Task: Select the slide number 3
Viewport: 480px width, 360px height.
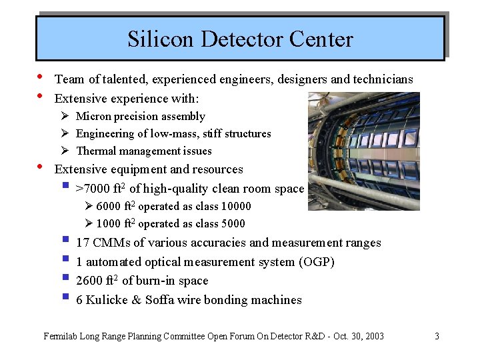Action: (x=437, y=336)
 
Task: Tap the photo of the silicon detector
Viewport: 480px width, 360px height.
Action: (x=364, y=151)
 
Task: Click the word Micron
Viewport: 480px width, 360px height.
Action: (x=94, y=117)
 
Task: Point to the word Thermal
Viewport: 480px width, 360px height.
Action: (x=96, y=151)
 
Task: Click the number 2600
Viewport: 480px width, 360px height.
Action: (x=90, y=281)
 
